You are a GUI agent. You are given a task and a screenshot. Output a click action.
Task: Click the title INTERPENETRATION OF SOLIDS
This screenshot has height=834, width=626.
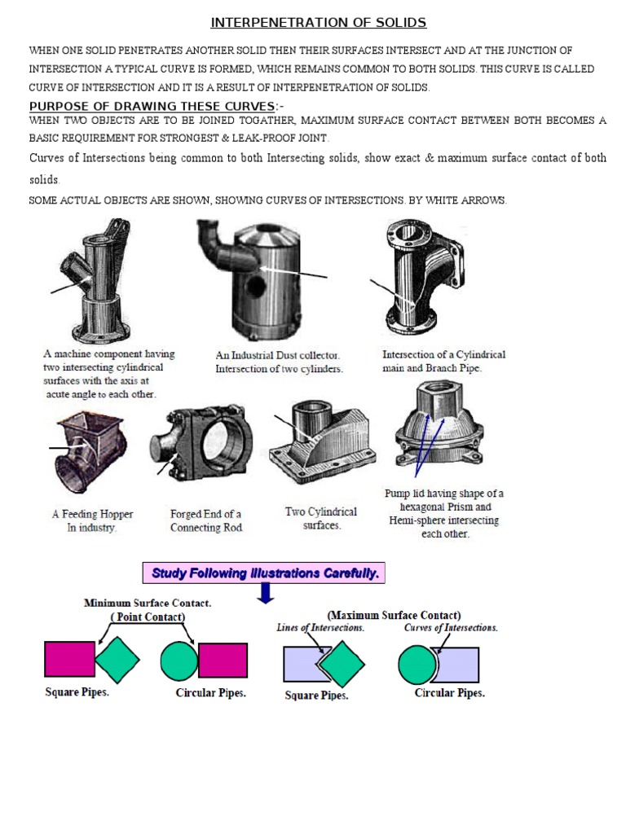319,22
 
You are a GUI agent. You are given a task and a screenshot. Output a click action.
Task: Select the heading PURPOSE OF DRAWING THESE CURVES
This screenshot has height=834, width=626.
152,106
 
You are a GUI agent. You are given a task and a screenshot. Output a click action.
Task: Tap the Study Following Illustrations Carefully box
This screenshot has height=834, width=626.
264,573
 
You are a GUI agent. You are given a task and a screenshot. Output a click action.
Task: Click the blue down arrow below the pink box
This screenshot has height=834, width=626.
266,593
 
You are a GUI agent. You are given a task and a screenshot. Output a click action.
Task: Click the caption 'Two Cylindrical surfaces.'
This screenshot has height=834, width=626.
321,518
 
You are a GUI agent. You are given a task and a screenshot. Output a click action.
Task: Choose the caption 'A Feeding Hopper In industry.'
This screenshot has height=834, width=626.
93,520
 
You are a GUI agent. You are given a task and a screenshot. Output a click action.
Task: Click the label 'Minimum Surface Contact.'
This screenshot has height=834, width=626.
148,603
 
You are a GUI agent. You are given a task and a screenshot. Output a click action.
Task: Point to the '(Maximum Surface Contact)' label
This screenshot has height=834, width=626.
394,615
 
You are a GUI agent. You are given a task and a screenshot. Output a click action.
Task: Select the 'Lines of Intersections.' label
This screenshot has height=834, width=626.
320,628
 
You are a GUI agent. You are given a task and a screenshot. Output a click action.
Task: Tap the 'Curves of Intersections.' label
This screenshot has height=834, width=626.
451,628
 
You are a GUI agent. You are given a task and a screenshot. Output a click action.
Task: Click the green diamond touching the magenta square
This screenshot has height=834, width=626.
117,660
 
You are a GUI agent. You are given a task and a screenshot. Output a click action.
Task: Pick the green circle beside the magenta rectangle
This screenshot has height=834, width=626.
179,660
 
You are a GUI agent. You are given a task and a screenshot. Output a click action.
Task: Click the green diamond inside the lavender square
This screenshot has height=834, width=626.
342,664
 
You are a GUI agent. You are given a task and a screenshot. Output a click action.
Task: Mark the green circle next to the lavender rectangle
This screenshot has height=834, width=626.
418,665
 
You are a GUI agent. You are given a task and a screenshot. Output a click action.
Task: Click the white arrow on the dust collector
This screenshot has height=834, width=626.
293,273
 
